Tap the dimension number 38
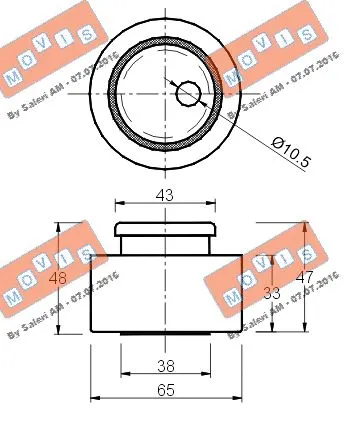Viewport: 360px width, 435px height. (165, 366)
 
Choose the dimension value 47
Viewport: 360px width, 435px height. (307, 279)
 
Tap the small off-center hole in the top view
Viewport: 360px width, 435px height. (189, 94)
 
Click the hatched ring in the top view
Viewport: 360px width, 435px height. (114, 94)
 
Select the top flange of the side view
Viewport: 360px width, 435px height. (165, 229)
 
